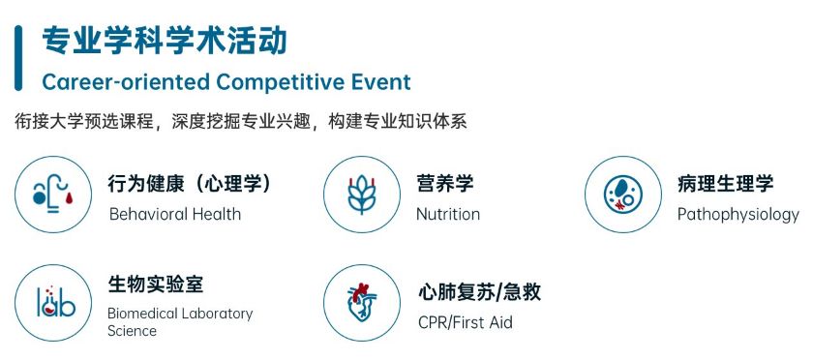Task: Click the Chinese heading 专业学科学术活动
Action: (165, 41)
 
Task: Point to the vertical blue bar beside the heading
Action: (18, 58)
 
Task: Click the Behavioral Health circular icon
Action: (53, 195)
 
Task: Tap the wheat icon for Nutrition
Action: (362, 195)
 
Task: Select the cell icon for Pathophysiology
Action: (623, 195)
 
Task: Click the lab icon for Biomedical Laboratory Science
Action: (53, 303)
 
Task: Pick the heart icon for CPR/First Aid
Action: (362, 303)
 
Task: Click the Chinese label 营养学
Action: (445, 184)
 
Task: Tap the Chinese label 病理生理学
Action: (725, 184)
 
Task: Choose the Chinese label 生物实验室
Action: (156, 285)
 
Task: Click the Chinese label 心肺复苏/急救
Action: (480, 292)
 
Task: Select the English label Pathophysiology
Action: (738, 215)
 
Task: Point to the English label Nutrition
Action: (448, 214)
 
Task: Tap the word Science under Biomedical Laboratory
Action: (133, 330)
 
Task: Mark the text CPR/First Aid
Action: (466, 322)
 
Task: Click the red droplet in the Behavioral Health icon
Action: (69, 197)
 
